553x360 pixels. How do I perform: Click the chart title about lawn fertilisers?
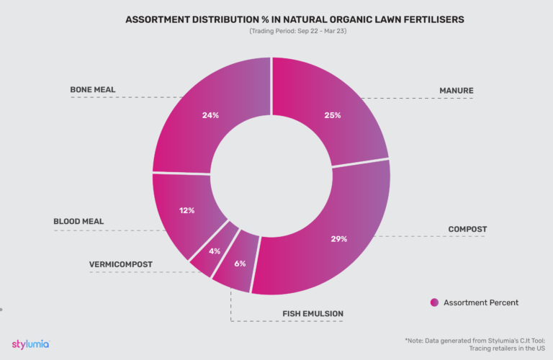(x=276, y=19)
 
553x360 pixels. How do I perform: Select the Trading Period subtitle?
(x=276, y=31)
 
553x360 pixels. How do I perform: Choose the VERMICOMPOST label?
(x=120, y=264)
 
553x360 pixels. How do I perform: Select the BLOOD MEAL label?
(x=78, y=222)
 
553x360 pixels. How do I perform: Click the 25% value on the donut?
(x=332, y=115)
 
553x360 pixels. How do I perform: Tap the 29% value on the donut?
(x=339, y=239)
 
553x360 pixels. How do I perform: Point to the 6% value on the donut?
(x=240, y=264)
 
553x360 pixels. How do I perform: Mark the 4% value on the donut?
(x=213, y=251)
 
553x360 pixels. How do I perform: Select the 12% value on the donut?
(x=186, y=211)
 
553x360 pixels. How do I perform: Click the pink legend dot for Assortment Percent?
(x=434, y=302)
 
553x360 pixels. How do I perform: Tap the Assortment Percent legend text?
(x=481, y=302)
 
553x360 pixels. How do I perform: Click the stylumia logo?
(x=30, y=343)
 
